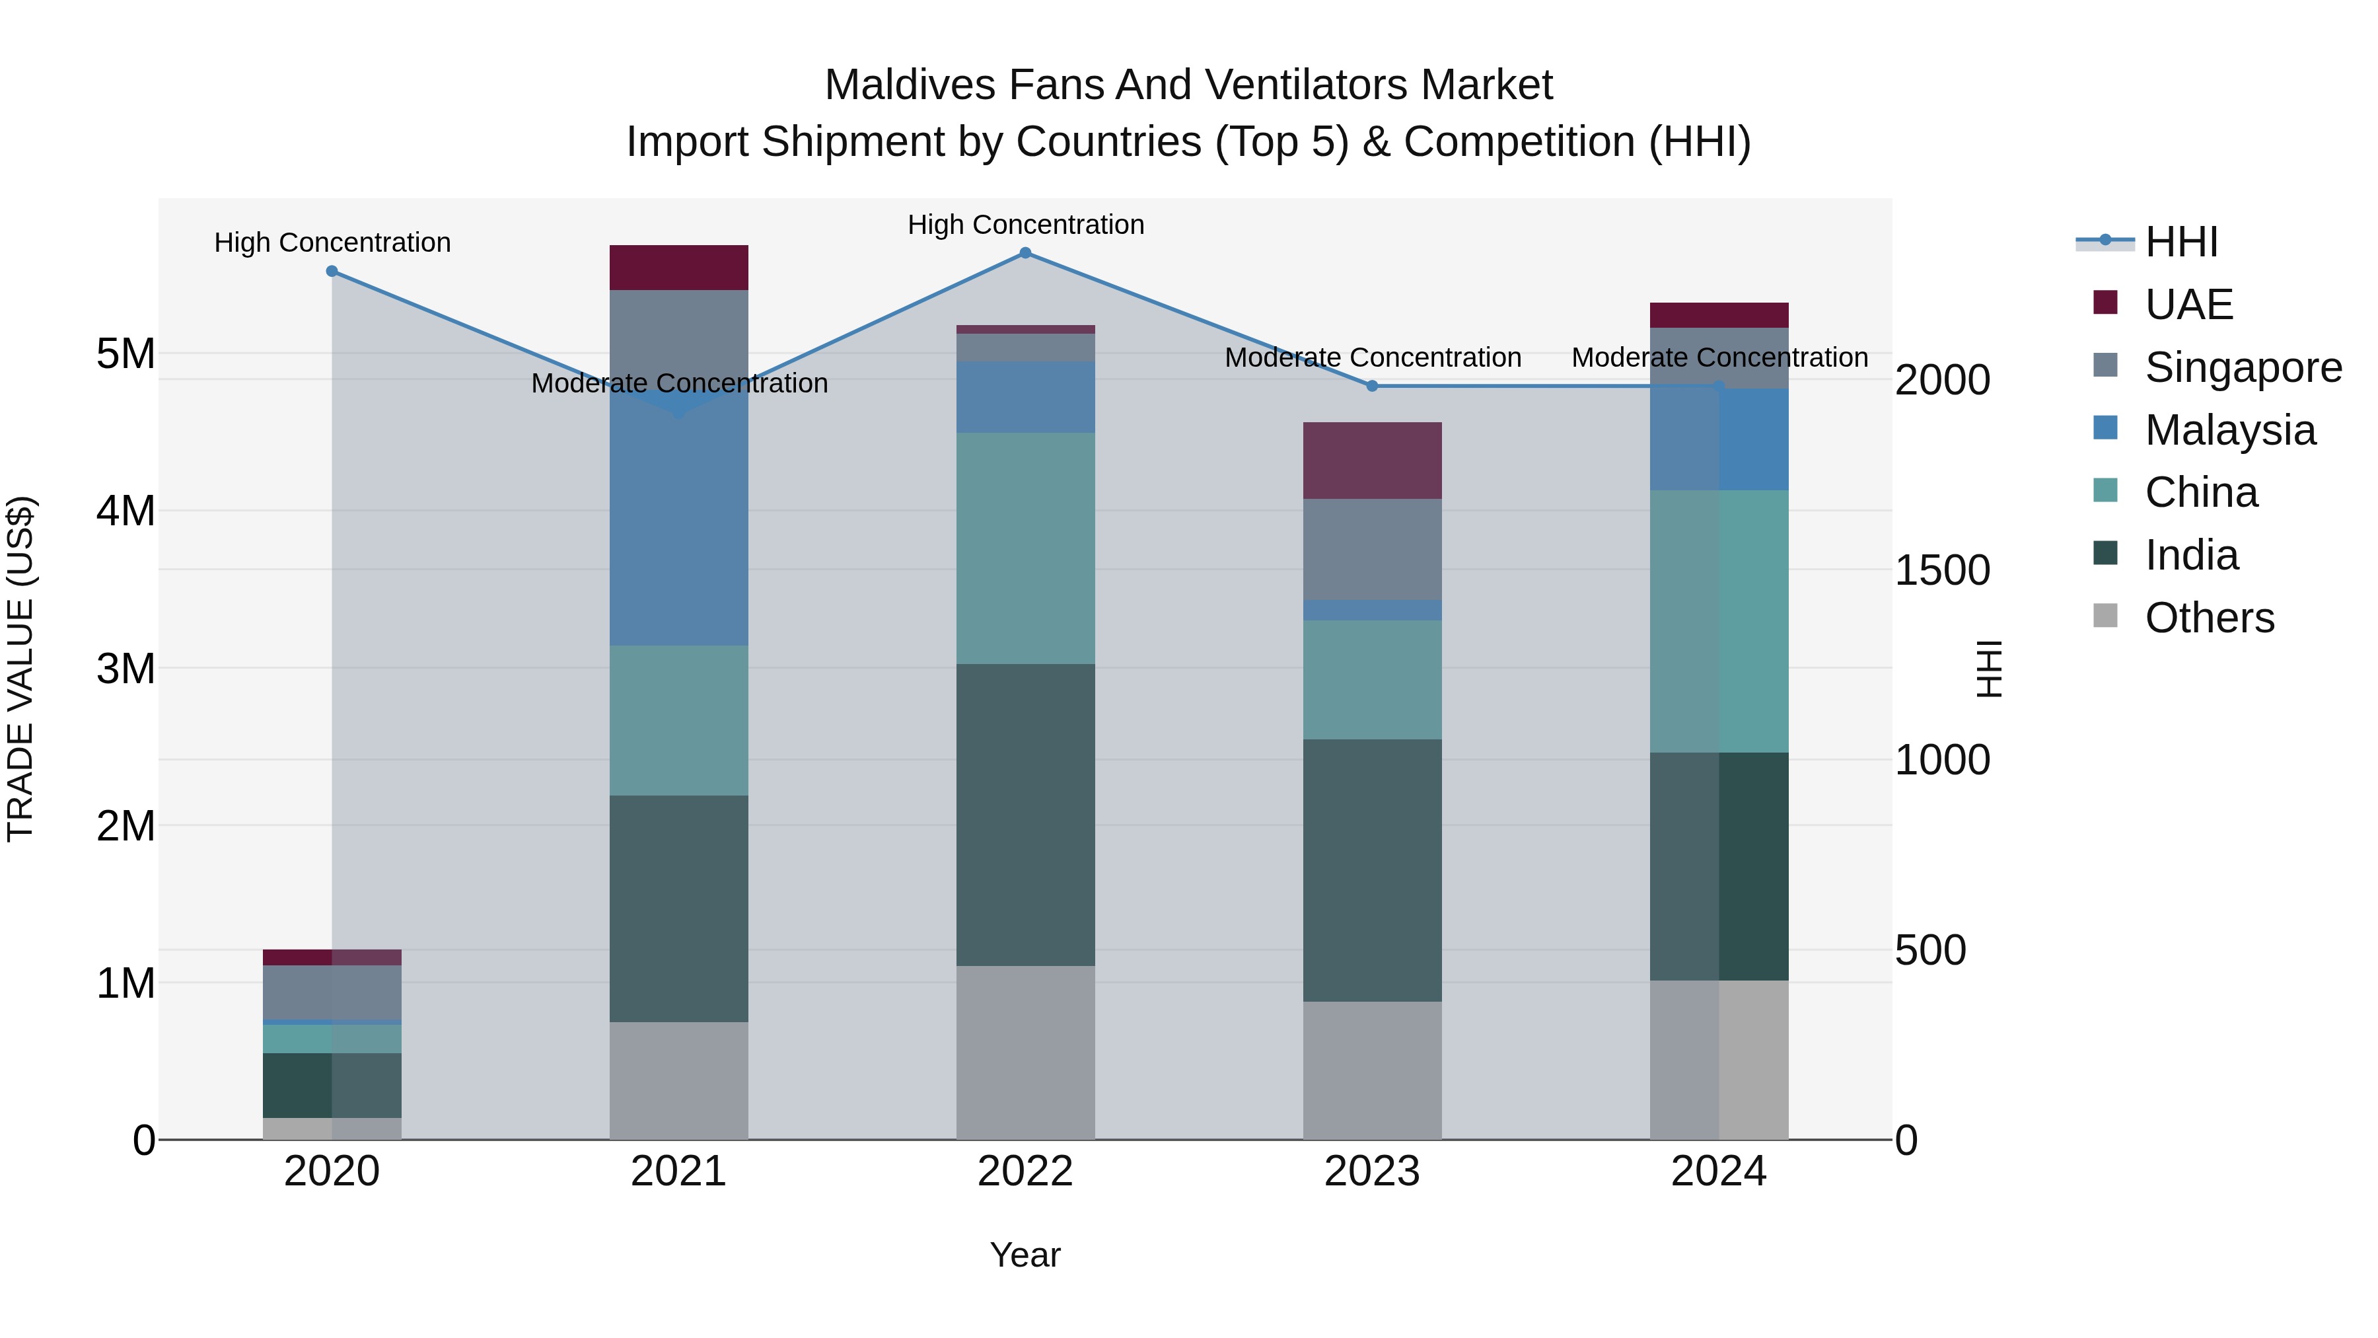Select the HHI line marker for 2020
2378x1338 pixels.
[x=332, y=272]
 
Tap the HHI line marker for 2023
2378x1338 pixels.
[x=1372, y=386]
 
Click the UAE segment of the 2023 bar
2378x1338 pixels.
[x=1372, y=461]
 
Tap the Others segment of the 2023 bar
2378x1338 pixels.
[x=1372, y=1070]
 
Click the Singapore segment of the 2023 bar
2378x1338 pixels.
[x=1372, y=550]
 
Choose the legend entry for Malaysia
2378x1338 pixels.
[x=2229, y=430]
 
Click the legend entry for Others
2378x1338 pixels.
[x=2209, y=618]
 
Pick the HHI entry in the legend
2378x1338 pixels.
[x=2180, y=242]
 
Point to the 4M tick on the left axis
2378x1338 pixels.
[x=126, y=511]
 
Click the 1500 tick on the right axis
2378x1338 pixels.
[x=1942, y=571]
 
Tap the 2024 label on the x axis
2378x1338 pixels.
[x=1718, y=1171]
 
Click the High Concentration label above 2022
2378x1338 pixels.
[x=1026, y=225]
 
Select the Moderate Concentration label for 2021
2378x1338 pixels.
[x=680, y=383]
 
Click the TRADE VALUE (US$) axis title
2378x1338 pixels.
[x=20, y=669]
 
